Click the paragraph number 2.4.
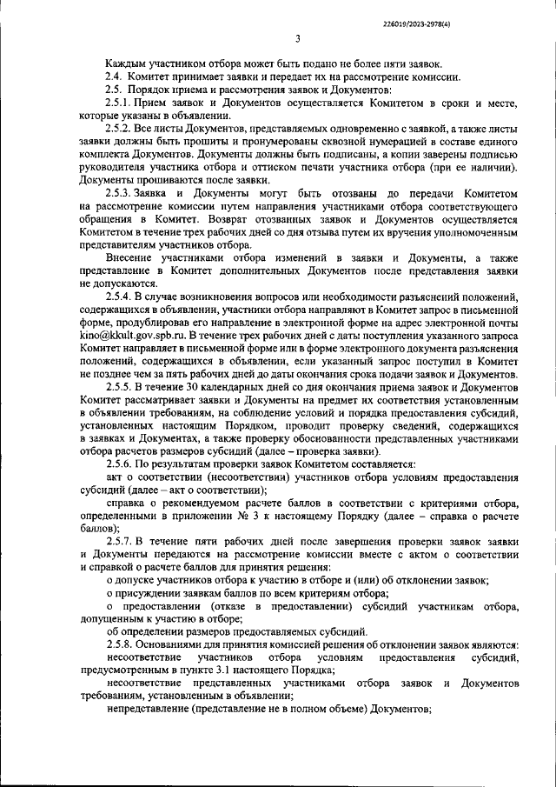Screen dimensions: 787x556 coord(114,77)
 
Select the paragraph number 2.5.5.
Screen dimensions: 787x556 coord(119,386)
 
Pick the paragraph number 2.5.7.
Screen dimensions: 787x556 coord(119,542)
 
